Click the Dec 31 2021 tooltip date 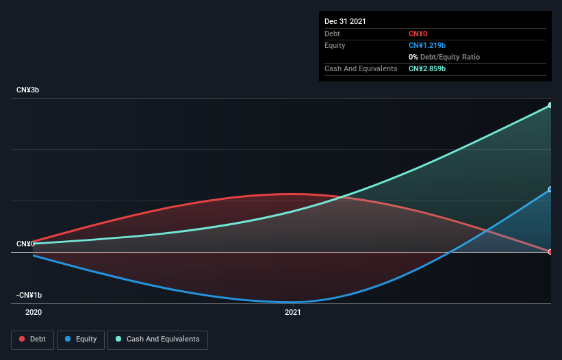pyautogui.click(x=345, y=21)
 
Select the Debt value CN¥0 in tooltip pyautogui.click(x=418, y=34)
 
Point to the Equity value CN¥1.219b pyautogui.click(x=427, y=45)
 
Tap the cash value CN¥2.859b pyautogui.click(x=427, y=68)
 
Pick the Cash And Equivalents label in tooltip pyautogui.click(x=361, y=68)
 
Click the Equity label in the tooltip pyautogui.click(x=335, y=45)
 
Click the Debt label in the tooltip pyautogui.click(x=333, y=34)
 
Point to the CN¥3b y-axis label pyautogui.click(x=28, y=90)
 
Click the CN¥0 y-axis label pyautogui.click(x=25, y=244)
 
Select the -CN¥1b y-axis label pyautogui.click(x=29, y=295)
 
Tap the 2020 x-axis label pyautogui.click(x=34, y=312)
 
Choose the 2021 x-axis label pyautogui.click(x=293, y=312)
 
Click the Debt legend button pyautogui.click(x=32, y=339)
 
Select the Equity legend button pyautogui.click(x=81, y=339)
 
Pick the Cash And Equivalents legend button pyautogui.click(x=157, y=339)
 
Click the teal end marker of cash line pyautogui.click(x=550, y=105)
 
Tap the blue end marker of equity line pyautogui.click(x=550, y=190)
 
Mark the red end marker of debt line pyautogui.click(x=550, y=252)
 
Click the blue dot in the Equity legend pyautogui.click(x=68, y=339)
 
